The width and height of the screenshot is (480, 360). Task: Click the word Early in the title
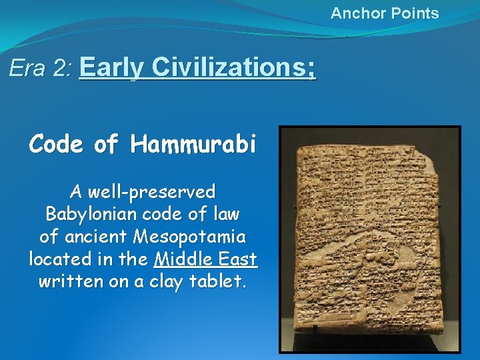coord(111,67)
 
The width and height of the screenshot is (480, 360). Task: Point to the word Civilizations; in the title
coord(233,67)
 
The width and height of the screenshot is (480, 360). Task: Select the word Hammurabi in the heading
coord(193,144)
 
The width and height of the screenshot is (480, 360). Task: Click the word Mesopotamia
coord(189,237)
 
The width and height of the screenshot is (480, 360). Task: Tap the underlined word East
coord(240,259)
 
